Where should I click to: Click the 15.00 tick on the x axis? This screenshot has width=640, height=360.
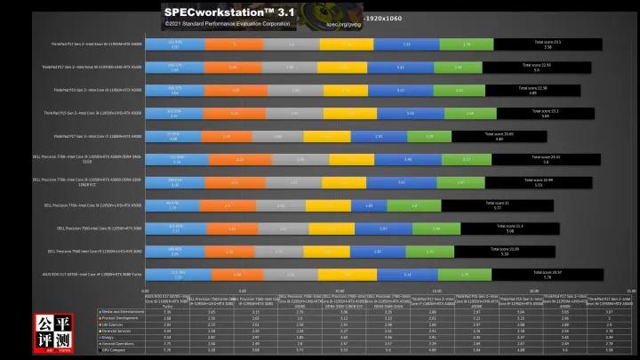(436, 290)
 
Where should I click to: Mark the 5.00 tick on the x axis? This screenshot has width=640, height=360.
(243, 290)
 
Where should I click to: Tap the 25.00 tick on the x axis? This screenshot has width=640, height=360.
(629, 290)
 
